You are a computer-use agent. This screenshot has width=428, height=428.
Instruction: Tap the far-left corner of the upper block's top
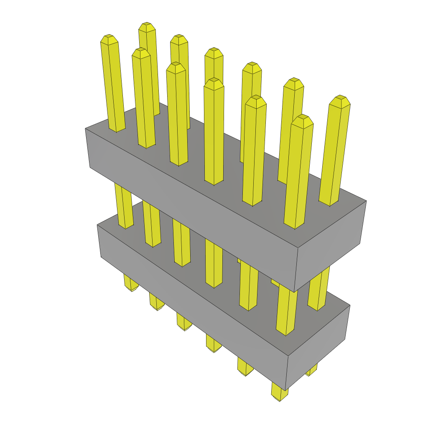pos(86,128)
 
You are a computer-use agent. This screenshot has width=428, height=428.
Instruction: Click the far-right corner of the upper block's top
pos(366,201)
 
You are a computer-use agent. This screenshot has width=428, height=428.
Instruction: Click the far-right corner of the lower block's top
pos(349,306)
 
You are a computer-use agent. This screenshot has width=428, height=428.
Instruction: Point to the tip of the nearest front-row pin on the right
pos(302,120)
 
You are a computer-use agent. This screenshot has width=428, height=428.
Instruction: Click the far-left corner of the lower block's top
pos(97,225)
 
